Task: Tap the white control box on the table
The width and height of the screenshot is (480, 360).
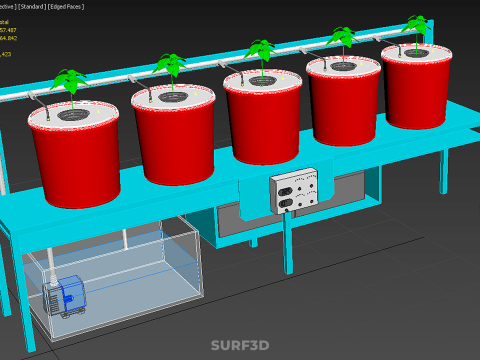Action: point(296,189)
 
